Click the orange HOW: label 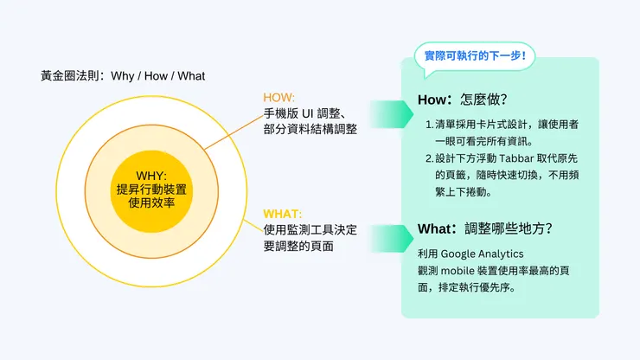(x=278, y=98)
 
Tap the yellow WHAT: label (x=283, y=214)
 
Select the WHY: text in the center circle (x=151, y=176)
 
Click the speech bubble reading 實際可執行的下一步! (x=475, y=56)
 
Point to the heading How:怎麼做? (x=462, y=100)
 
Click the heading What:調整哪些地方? (x=484, y=228)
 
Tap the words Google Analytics (x=482, y=254)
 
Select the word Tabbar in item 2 (x=516, y=158)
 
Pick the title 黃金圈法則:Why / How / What (x=123, y=76)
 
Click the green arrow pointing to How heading (x=391, y=114)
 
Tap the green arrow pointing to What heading (x=391, y=238)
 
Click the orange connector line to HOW (x=234, y=132)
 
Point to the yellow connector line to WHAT (x=253, y=226)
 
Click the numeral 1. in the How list (x=429, y=125)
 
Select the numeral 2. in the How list (x=429, y=158)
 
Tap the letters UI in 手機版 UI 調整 (x=307, y=113)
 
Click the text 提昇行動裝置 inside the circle (x=151, y=190)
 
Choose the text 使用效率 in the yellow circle (x=151, y=202)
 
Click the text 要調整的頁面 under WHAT (x=298, y=246)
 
